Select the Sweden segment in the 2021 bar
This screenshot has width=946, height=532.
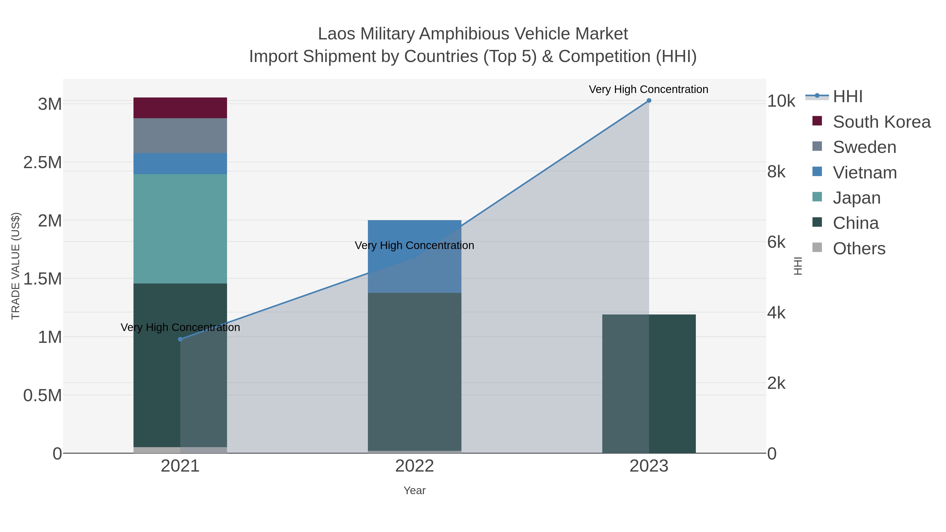[180, 136]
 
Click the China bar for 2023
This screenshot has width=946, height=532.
[649, 384]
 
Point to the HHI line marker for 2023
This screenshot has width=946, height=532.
[649, 101]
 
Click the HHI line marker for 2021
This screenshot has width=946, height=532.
[180, 339]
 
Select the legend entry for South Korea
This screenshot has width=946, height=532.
[881, 122]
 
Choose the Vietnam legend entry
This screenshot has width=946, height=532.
[865, 173]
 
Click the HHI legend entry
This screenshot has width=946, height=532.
[847, 97]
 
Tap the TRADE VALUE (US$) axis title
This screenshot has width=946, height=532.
[16, 266]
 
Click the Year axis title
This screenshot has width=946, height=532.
[414, 490]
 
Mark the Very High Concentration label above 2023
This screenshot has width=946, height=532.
[649, 89]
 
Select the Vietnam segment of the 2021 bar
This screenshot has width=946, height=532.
[180, 164]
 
